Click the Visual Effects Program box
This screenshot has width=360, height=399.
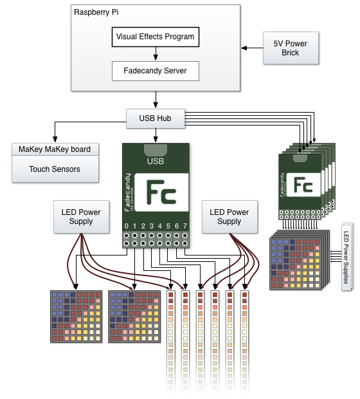click(156, 37)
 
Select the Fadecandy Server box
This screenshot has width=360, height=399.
click(156, 71)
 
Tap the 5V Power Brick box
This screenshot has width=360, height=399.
click(291, 48)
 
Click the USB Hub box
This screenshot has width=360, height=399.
click(156, 118)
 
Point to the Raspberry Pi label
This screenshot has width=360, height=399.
click(96, 12)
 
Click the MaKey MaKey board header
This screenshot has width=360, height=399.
click(55, 149)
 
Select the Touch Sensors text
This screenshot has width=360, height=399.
click(55, 169)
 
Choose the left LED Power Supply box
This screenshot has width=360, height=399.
click(81, 216)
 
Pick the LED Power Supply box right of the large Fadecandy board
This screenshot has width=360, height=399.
click(230, 216)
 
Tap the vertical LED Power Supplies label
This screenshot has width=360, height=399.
click(346, 257)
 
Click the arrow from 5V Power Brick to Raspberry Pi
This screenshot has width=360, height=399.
click(252, 48)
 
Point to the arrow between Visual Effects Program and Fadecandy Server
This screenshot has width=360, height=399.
click(156, 53)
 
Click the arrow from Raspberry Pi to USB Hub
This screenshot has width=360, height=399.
click(156, 100)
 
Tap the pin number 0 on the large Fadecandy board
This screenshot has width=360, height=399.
click(127, 226)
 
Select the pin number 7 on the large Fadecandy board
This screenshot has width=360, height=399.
click(185, 226)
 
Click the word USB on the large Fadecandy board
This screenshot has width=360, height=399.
click(156, 161)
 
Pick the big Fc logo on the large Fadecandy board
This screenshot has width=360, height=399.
click(161, 192)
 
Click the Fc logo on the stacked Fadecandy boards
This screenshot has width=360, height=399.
click(303, 185)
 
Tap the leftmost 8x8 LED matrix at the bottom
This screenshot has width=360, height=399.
click(76, 317)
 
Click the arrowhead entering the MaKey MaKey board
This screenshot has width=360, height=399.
click(55, 139)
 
